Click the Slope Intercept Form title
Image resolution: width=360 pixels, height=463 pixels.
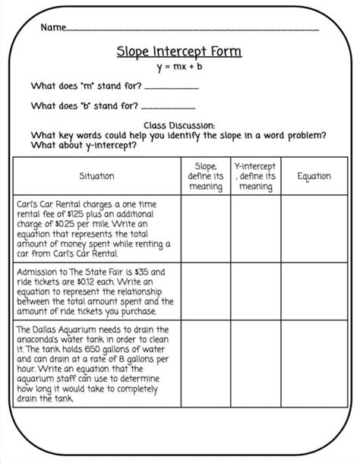[x=179, y=52]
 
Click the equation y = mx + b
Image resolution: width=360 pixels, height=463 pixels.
[x=180, y=68]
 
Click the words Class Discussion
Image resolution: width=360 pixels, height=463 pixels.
[x=179, y=126]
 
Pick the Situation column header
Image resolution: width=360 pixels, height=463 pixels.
[x=96, y=176]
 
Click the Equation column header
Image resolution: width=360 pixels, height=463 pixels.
[x=314, y=176]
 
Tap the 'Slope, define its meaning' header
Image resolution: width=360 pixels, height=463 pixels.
[x=206, y=176]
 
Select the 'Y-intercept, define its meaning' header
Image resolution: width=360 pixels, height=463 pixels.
[x=255, y=176]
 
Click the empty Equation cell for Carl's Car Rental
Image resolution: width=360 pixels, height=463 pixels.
[x=314, y=229]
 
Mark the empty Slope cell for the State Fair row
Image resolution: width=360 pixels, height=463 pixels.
[x=206, y=291]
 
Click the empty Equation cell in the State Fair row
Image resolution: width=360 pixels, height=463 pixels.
[x=314, y=291]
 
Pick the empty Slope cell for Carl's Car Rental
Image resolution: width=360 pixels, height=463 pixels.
[x=206, y=229]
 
